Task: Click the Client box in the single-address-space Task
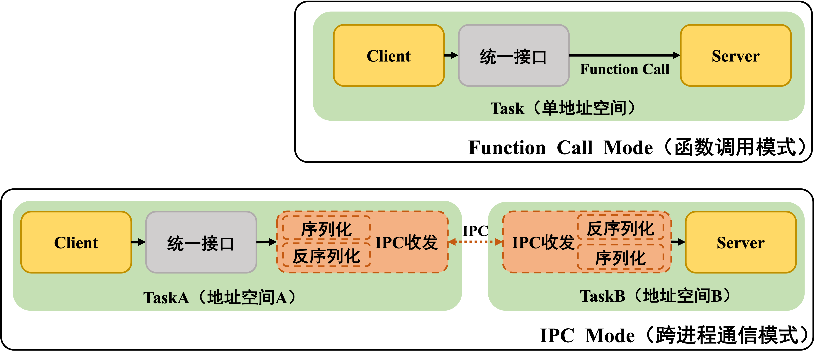click(x=388, y=56)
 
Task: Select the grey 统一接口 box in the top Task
click(x=513, y=56)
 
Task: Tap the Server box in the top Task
click(x=735, y=56)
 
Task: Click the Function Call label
click(x=624, y=69)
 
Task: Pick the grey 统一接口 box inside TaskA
click(x=201, y=242)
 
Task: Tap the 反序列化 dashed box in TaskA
click(x=326, y=256)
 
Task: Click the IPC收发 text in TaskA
click(x=406, y=242)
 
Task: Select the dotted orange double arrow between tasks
click(x=475, y=241)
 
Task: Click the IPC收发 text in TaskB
click(x=543, y=242)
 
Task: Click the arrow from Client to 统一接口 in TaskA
click(x=138, y=242)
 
